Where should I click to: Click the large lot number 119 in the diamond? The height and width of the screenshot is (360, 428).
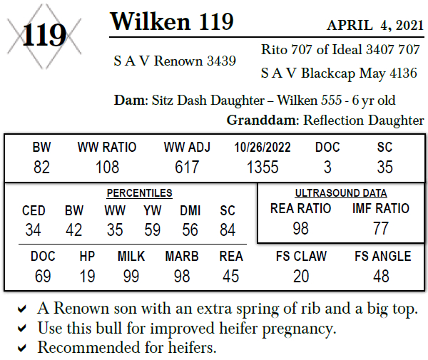click(44, 34)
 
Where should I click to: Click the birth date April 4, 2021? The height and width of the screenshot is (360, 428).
click(375, 26)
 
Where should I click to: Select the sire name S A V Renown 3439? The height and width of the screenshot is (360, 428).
click(175, 61)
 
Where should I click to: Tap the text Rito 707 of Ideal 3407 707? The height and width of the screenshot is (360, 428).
click(341, 50)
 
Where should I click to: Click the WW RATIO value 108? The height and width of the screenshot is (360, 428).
click(107, 168)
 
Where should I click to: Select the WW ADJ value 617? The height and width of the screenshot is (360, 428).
click(185, 168)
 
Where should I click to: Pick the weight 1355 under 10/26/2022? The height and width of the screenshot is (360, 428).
click(263, 168)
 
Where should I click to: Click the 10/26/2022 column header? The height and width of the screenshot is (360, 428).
click(263, 148)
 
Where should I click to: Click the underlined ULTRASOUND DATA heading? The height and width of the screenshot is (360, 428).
click(341, 193)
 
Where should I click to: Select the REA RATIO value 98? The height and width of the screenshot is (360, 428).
click(300, 229)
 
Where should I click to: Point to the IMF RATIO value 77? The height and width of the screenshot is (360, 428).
click(382, 229)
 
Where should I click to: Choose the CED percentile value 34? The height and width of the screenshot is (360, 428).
click(34, 230)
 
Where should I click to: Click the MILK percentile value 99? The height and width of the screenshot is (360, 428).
click(131, 275)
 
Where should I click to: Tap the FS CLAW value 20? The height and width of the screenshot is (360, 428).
click(300, 275)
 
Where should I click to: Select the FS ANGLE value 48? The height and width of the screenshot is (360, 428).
click(382, 275)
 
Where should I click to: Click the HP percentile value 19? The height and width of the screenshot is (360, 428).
click(87, 275)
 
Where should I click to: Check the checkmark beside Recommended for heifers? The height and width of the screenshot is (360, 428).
click(23, 348)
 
